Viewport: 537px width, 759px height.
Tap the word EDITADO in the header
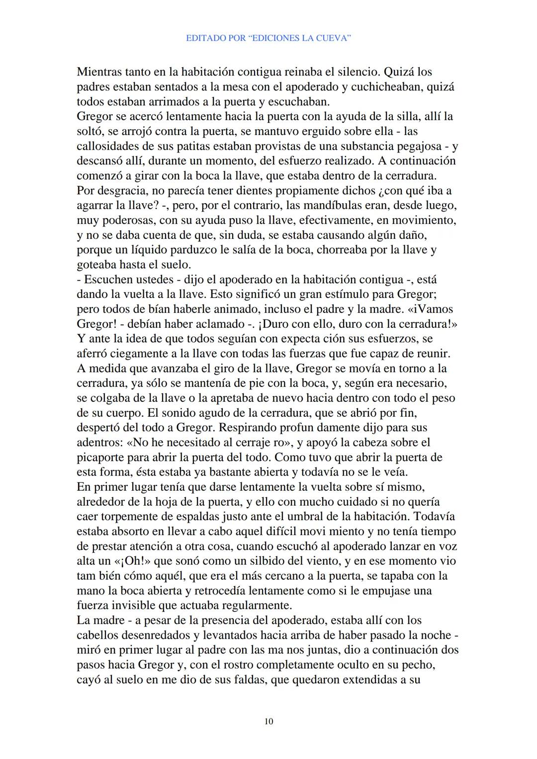click(204, 38)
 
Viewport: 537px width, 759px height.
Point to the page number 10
click(268, 721)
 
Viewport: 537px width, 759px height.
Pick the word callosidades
click(106, 146)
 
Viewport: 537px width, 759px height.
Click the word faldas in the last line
click(250, 679)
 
